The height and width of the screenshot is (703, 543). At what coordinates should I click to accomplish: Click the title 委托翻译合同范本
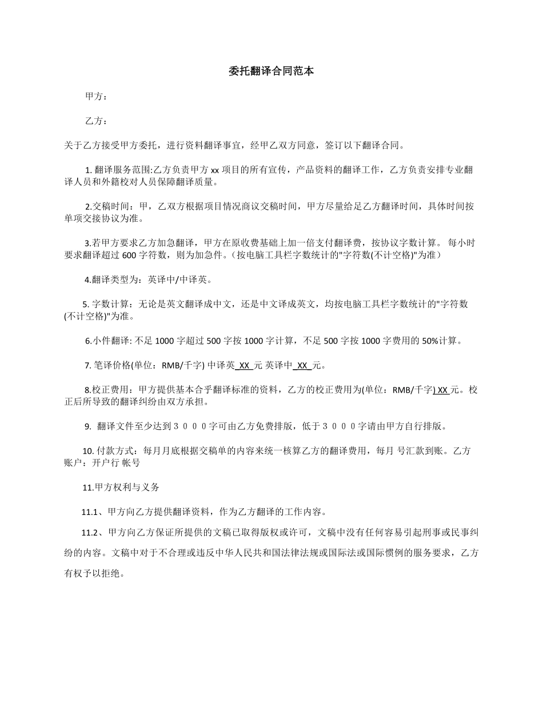(271, 71)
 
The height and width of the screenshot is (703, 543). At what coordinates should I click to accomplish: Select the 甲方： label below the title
(96, 97)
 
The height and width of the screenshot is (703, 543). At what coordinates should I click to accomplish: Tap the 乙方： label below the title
(96, 121)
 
